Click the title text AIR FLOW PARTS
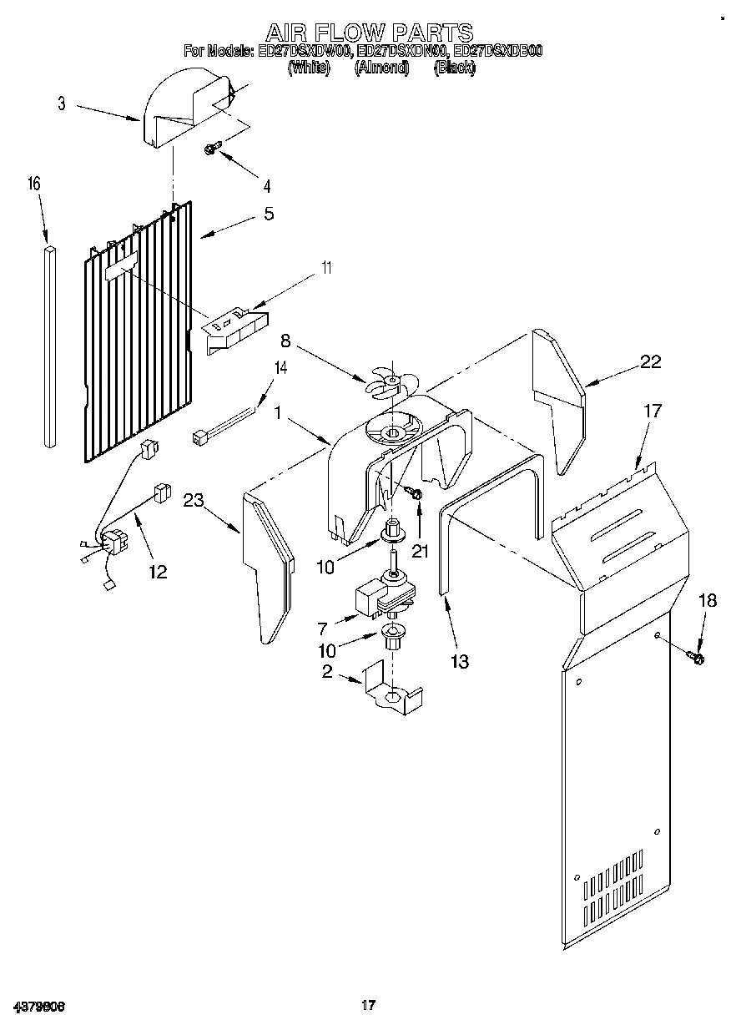(x=370, y=33)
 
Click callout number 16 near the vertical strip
(x=34, y=184)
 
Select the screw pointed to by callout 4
(x=212, y=149)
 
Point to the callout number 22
(x=650, y=362)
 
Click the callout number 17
(x=651, y=411)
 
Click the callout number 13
(x=458, y=662)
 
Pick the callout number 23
(x=194, y=501)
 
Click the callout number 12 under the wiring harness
(x=157, y=572)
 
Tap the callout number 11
(x=326, y=268)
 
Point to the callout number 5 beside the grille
(x=268, y=214)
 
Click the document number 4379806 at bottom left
(x=39, y=1006)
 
